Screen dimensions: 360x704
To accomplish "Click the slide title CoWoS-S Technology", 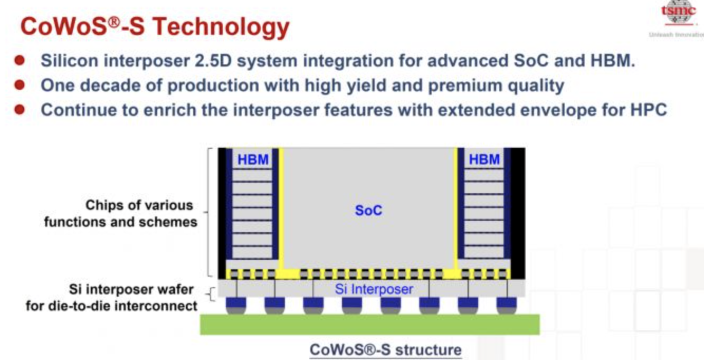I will tap(155, 26).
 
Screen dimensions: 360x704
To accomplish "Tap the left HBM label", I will tap(253, 159).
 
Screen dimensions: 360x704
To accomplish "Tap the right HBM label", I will tap(484, 159).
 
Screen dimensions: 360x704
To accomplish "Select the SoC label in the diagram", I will tap(368, 211).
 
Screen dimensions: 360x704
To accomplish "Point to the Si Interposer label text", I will tap(374, 289).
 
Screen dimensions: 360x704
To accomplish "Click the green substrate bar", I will tap(369, 324).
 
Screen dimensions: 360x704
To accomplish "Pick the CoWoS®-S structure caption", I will tap(385, 349).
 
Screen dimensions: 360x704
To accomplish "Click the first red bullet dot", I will tap(20, 60).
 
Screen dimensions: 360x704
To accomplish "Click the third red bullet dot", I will tap(20, 109).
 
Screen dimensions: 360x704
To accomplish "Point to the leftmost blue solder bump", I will tap(236, 305).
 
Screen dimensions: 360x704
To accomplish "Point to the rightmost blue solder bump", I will tap(507, 305).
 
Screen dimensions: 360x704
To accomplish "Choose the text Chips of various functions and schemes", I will tap(120, 213).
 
